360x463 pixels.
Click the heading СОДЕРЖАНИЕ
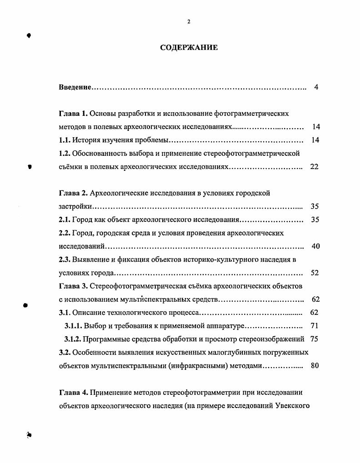click(x=189, y=47)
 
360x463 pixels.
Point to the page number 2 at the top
click(x=189, y=22)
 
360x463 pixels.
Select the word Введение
click(x=75, y=87)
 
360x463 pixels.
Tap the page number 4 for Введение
click(x=316, y=87)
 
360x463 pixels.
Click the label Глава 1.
click(x=73, y=113)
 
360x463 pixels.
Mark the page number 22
click(x=314, y=166)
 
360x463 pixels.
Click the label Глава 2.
click(x=73, y=193)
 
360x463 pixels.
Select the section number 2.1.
click(x=65, y=219)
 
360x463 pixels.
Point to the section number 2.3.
click(x=65, y=259)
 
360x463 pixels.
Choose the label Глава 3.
click(x=73, y=286)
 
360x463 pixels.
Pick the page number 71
click(x=314, y=326)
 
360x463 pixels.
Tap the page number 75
click(x=314, y=339)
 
